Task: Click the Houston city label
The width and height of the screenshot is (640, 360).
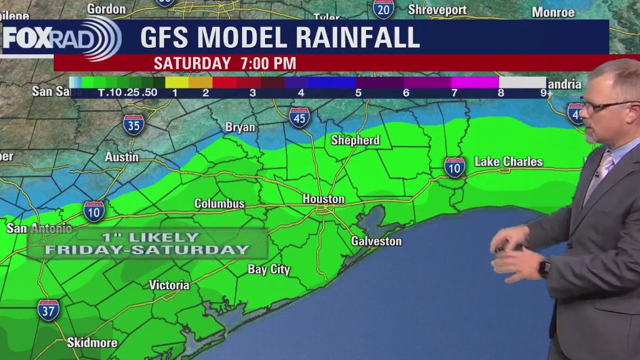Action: tap(323, 199)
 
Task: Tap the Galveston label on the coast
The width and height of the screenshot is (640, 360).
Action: tap(376, 241)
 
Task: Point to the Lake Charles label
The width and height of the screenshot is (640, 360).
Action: tap(508, 162)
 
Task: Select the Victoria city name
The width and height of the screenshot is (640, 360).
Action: tap(169, 285)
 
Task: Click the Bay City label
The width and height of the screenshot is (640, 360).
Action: tap(269, 270)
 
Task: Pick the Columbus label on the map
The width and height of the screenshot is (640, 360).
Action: tap(219, 204)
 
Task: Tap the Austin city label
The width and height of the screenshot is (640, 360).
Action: tap(122, 157)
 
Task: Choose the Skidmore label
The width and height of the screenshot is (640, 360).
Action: tap(92, 343)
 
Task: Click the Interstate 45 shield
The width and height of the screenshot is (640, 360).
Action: tap(300, 117)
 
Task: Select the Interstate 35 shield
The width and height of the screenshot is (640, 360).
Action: tap(134, 125)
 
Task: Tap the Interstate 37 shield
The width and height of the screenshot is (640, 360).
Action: tap(48, 310)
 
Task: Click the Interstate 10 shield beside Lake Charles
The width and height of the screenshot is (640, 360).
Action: tap(455, 167)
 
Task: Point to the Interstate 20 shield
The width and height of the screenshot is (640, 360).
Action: tap(384, 9)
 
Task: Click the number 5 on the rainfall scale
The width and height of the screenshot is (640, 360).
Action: tap(358, 93)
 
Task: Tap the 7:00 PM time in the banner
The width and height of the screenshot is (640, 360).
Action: tap(268, 63)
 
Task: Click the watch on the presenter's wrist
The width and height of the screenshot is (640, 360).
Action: tap(544, 269)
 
